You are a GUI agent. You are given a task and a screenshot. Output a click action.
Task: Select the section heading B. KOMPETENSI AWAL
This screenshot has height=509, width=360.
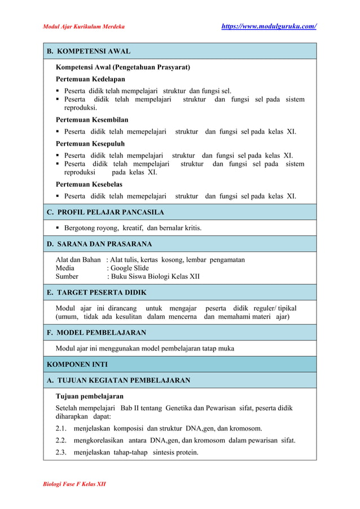89,51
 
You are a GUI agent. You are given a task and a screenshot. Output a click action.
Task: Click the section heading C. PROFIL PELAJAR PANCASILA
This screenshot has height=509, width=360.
106,212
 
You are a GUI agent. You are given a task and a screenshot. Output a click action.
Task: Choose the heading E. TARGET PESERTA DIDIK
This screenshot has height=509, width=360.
96,292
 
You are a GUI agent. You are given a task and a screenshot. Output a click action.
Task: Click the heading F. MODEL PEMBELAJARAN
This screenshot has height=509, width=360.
96,332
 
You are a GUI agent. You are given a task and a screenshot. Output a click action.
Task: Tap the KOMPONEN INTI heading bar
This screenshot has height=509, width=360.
77,364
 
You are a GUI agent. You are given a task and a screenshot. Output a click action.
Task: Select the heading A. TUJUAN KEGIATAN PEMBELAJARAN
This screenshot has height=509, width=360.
118,380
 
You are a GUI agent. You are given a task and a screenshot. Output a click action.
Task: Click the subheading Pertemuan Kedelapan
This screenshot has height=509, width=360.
90,79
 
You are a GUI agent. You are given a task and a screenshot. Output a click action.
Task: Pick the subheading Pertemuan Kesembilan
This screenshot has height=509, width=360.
92,120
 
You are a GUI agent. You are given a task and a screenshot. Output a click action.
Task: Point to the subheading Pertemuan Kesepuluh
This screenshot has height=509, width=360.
90,143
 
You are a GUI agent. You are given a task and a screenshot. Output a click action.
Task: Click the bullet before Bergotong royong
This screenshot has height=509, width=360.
58,228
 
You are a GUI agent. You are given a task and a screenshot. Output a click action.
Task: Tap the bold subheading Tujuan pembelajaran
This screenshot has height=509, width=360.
90,396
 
